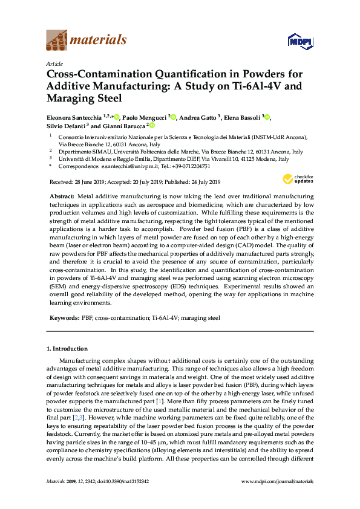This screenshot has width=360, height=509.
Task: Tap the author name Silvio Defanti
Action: tap(66, 126)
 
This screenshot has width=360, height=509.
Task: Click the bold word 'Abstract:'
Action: tap(61, 198)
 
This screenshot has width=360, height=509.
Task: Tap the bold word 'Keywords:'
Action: tap(64, 317)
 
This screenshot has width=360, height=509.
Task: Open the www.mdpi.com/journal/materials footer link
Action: tap(277, 498)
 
